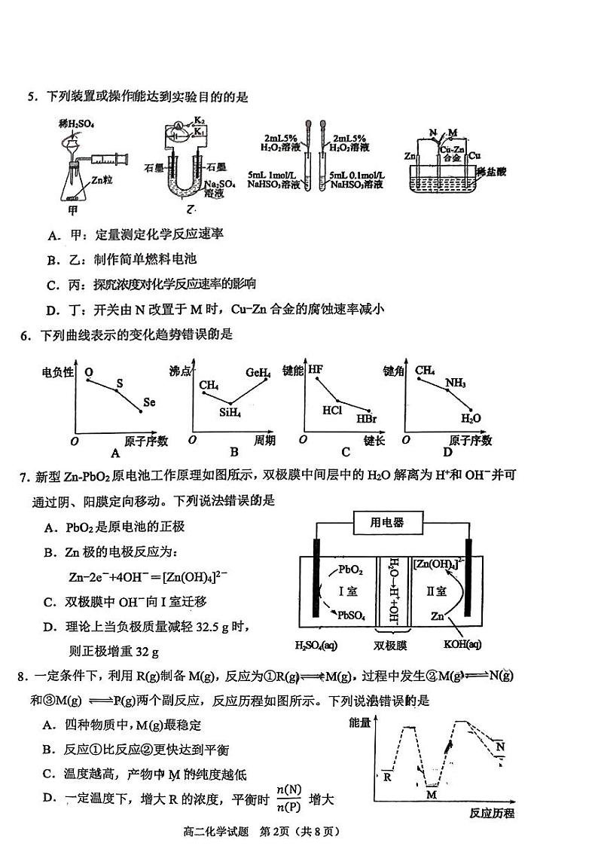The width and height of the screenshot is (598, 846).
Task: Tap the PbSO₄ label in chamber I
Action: point(352,615)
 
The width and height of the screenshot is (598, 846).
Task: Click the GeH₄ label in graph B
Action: point(258,372)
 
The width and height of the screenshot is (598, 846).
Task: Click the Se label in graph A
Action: point(148,402)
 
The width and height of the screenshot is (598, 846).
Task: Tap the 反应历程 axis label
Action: point(491,814)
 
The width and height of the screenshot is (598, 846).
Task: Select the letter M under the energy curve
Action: point(431,794)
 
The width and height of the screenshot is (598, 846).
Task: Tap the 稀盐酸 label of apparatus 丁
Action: point(491,172)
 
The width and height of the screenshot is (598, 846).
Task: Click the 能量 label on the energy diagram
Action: point(361,723)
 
